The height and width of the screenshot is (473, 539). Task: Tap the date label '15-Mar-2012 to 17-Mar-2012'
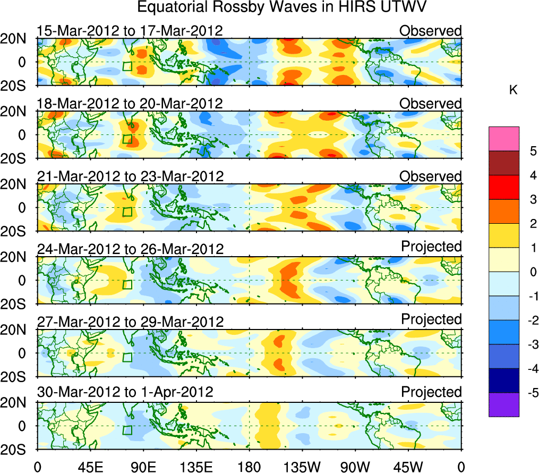coord(130,30)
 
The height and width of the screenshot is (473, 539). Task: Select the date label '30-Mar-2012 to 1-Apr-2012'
coord(125,392)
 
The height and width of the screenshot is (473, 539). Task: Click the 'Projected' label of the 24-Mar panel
coord(431,247)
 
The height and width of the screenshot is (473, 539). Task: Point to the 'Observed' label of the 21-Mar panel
coord(431,176)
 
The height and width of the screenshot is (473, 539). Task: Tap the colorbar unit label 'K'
coord(513,91)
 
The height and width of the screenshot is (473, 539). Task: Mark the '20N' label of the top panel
coord(16,39)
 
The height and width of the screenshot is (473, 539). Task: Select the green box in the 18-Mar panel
coord(127,139)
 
